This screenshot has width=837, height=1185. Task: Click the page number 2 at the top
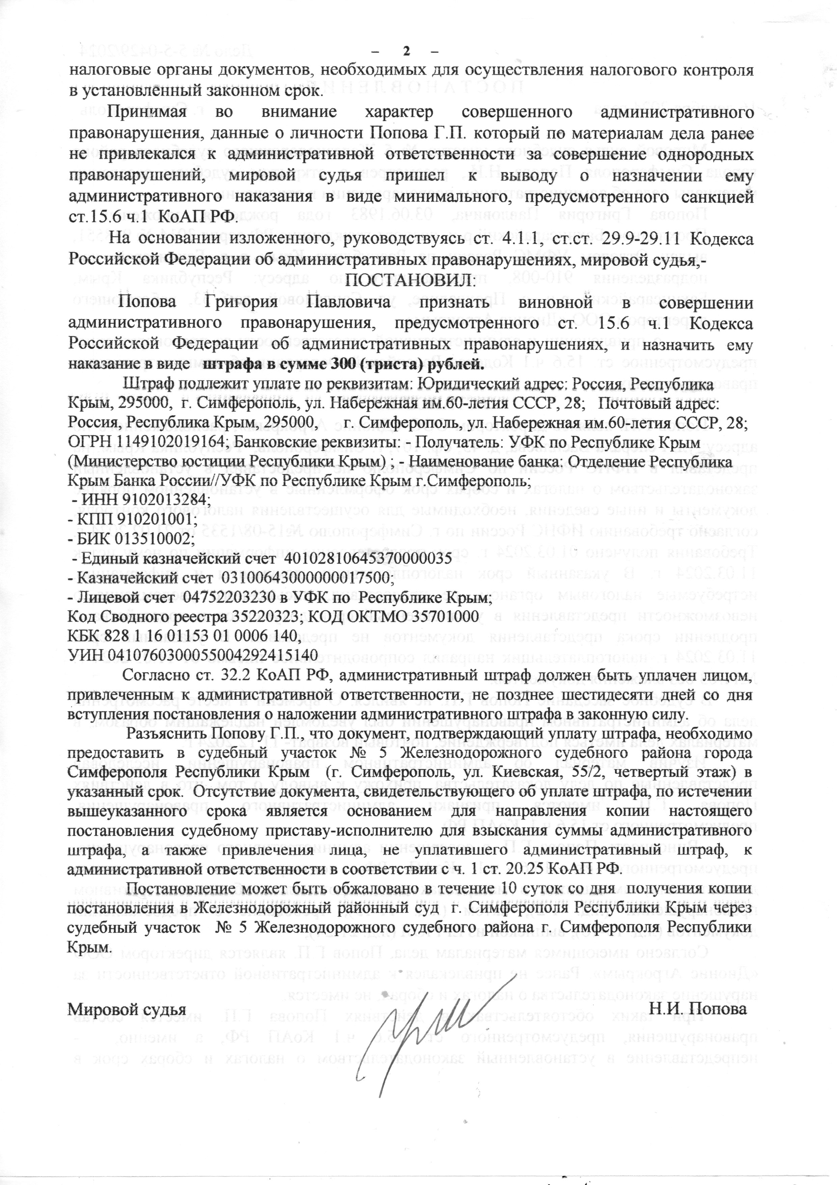[406, 51]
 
